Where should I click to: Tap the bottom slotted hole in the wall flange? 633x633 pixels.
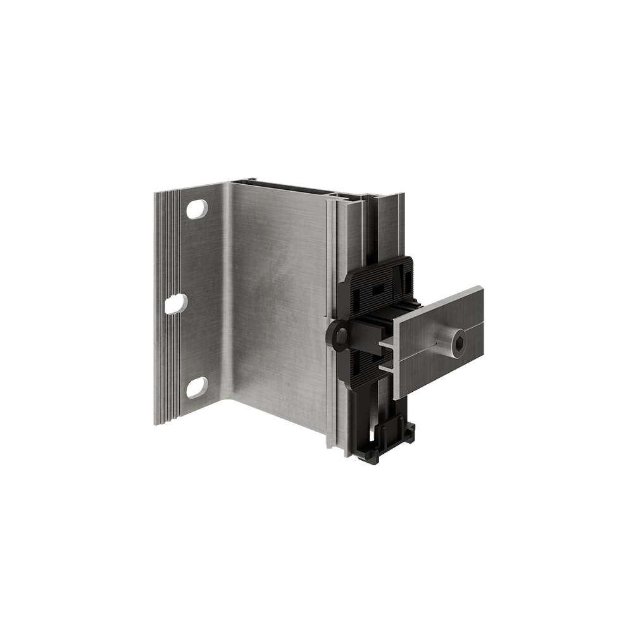[x=197, y=384]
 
